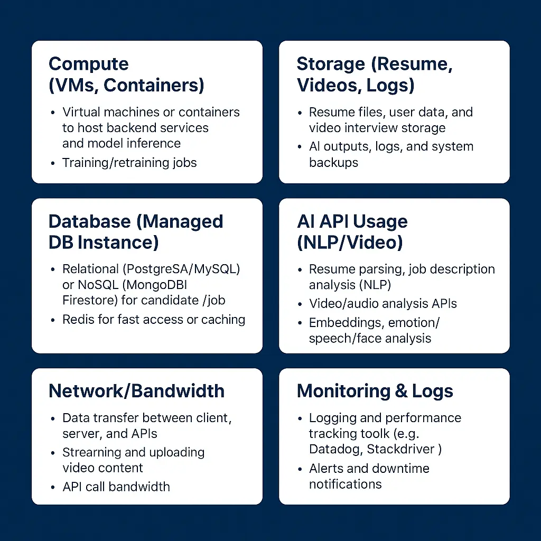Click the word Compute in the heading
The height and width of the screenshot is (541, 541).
click(88, 64)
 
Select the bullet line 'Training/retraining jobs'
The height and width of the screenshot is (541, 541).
click(129, 163)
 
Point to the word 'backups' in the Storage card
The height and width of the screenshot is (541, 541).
click(333, 163)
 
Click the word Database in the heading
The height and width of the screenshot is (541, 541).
click(89, 221)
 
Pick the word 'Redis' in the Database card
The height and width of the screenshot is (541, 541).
click(78, 320)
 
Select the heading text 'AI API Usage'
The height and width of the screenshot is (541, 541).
click(352, 221)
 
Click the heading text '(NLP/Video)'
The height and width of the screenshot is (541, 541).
click(350, 242)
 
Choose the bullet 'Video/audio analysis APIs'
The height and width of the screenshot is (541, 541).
click(383, 304)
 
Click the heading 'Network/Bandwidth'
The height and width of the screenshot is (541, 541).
click(136, 391)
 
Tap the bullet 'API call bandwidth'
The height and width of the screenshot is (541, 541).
click(116, 487)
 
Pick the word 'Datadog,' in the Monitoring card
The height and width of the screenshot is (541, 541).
click(335, 450)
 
